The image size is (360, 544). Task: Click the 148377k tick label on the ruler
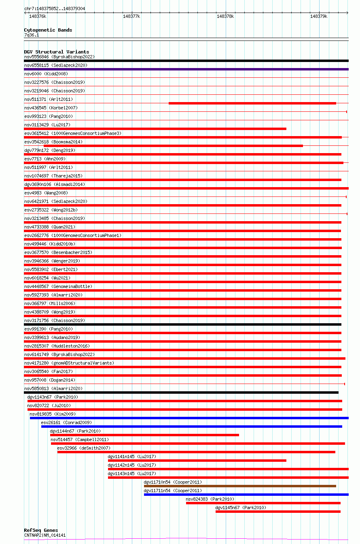[x=131, y=16]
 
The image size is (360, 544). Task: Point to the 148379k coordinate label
[x=319, y=16]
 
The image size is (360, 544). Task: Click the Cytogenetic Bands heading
[x=48, y=30]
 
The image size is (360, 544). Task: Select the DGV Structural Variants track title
[x=56, y=52]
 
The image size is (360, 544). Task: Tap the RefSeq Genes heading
[x=40, y=530]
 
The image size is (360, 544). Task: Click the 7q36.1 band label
[x=32, y=35]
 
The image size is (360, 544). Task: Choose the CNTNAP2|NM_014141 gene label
[x=44, y=535]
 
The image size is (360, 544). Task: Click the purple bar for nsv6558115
[x=186, y=69]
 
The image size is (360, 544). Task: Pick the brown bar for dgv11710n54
[x=240, y=486]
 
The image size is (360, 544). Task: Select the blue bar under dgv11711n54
[x=246, y=495]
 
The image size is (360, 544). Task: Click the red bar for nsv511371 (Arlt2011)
[x=252, y=103]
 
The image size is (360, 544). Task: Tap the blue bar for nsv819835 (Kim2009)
[x=189, y=418]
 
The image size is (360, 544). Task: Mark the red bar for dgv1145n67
[x=278, y=512]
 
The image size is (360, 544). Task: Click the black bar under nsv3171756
[x=182, y=324]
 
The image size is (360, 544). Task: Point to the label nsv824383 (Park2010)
[x=210, y=499]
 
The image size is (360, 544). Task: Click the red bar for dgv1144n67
[x=144, y=435]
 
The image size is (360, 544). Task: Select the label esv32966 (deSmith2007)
[x=83, y=448]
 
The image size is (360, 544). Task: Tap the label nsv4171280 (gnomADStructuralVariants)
[x=69, y=363]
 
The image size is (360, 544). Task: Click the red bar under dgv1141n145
[x=197, y=461]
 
